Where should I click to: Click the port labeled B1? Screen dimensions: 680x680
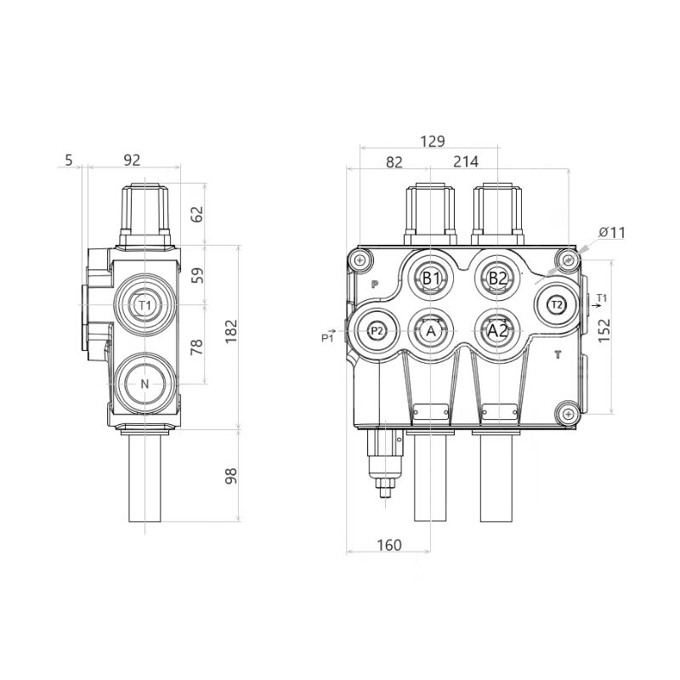pyautogui.click(x=431, y=278)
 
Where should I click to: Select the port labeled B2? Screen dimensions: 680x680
pyautogui.click(x=497, y=278)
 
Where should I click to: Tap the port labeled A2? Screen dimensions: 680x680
pyautogui.click(x=497, y=331)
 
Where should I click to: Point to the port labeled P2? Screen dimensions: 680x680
pyautogui.click(x=377, y=331)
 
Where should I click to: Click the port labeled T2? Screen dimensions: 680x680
pyautogui.click(x=556, y=304)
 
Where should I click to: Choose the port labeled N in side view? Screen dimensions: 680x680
pyautogui.click(x=144, y=384)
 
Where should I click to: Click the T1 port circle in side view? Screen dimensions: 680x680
pyautogui.click(x=144, y=304)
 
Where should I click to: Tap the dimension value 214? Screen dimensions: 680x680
pyautogui.click(x=466, y=161)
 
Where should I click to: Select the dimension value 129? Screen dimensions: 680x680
pyautogui.click(x=433, y=142)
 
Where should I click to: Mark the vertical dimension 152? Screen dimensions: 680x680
pyautogui.click(x=604, y=330)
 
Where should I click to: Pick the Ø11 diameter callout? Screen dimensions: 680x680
pyautogui.click(x=612, y=232)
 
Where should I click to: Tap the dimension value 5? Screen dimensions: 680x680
pyautogui.click(x=69, y=159)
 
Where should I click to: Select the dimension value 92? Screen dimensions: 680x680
pyautogui.click(x=132, y=159)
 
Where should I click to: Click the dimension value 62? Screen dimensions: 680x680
pyautogui.click(x=197, y=214)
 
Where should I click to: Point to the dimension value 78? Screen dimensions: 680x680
pyautogui.click(x=197, y=346)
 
